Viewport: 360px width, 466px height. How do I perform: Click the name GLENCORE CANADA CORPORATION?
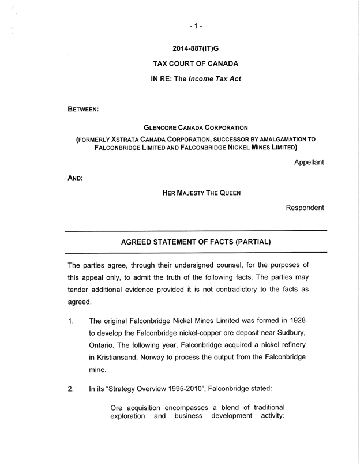[x=196, y=127]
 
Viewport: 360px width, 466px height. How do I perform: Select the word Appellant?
[x=309, y=162]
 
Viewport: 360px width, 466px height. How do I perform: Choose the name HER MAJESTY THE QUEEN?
[x=201, y=193]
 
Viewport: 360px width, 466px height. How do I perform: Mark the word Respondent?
[x=305, y=208]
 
